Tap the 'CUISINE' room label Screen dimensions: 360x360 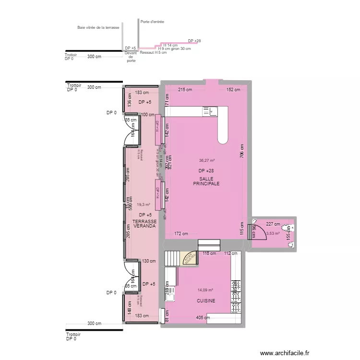coord(205,301)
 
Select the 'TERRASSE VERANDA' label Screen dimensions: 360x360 coord(144,223)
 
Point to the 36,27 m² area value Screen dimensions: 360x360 coord(206,161)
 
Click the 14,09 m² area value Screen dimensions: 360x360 coord(205,289)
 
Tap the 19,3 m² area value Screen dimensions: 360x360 coord(144,204)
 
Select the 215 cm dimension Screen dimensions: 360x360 coord(185,90)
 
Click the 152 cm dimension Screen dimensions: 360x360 coord(233,90)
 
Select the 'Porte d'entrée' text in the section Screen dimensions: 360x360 coord(152,22)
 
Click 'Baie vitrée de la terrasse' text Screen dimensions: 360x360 coord(98,28)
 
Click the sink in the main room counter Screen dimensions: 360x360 coord(210,111)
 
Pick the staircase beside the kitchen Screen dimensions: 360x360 coord(173,259)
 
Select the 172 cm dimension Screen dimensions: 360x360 coord(181,234)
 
